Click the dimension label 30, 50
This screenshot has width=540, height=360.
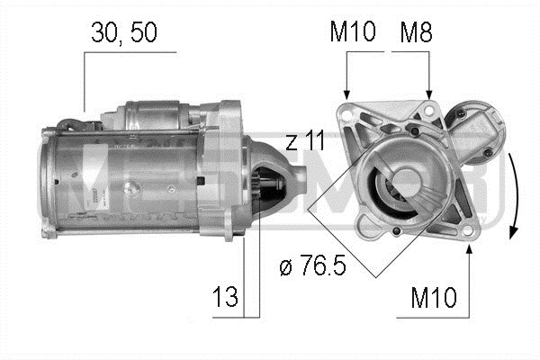124,33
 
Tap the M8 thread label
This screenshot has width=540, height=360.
416,32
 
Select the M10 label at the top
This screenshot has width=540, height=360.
353,31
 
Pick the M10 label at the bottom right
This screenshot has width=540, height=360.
434,298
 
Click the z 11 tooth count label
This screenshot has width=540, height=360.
305,141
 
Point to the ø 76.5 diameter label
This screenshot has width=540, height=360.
312,265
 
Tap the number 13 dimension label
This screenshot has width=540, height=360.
225,297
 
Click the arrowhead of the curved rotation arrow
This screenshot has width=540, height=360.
514,232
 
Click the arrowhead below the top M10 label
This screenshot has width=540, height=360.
346,95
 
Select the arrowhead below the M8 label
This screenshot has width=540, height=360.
429,95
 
